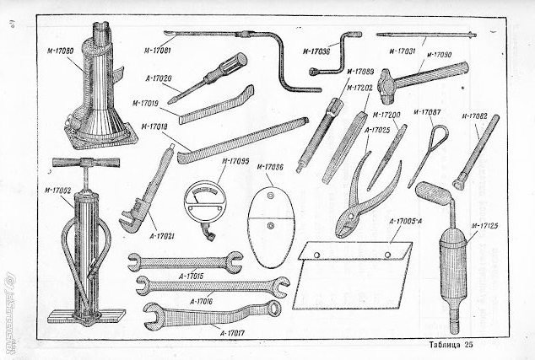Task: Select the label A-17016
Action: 203,300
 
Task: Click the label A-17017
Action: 234,334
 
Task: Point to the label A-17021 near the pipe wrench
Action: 164,238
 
